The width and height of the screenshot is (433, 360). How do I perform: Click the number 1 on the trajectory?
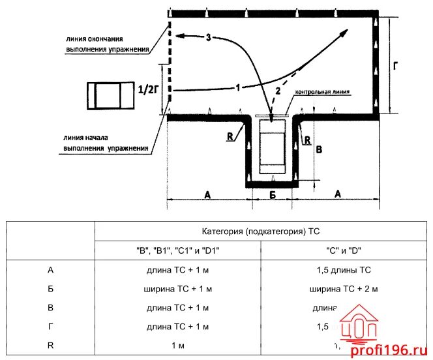coord(239,87)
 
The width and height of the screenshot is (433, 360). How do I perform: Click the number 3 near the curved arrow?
coord(207,38)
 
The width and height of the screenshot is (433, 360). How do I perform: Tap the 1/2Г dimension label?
coord(148,90)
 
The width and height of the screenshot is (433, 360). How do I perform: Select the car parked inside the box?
coord(272,146)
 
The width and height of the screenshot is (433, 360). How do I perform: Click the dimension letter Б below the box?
coord(273,194)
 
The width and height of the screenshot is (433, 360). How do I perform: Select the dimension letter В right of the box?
coord(318,149)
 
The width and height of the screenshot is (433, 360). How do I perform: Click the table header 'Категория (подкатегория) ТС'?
coord(261,231)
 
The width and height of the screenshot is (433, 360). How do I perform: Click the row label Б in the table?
coord(51,288)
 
